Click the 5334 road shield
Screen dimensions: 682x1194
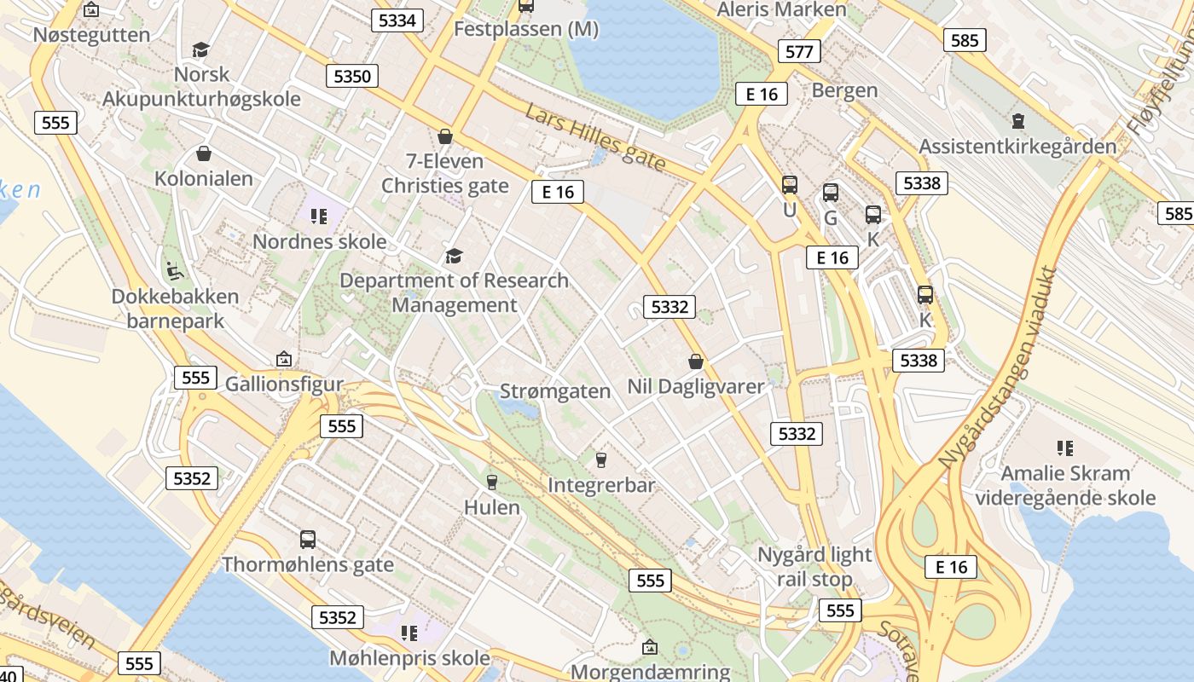tap(397, 20)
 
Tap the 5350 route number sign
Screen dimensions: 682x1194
tap(352, 76)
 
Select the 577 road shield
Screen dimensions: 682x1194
tap(799, 51)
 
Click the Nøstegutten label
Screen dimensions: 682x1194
tap(91, 35)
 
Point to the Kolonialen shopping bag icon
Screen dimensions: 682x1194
tap(204, 153)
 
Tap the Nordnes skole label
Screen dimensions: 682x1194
tap(319, 242)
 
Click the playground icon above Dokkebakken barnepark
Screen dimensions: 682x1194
tap(175, 270)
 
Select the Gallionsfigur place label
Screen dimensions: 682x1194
tap(283, 384)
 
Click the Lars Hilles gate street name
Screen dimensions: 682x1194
tap(595, 136)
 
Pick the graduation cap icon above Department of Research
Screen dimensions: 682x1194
tap(454, 256)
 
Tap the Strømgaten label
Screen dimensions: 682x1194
tap(554, 391)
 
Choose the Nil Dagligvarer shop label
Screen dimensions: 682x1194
tap(696, 386)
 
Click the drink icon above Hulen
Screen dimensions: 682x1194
tap(491, 482)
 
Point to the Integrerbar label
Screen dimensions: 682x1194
tap(601, 485)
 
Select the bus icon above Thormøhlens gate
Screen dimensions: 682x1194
tap(308, 540)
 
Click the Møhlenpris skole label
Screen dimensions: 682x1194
tap(409, 658)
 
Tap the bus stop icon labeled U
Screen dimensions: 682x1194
tap(790, 184)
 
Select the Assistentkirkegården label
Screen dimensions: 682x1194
tap(1017, 147)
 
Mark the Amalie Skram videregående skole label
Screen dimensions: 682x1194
tap(1065, 485)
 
